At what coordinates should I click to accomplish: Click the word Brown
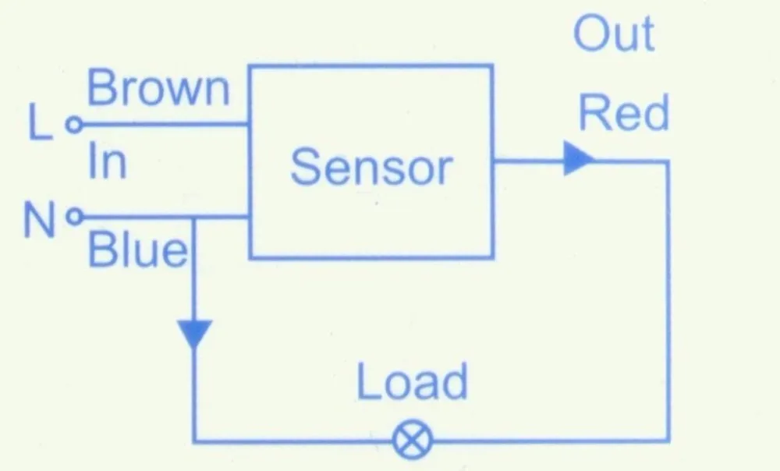pos(158,88)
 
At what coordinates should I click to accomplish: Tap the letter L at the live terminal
pos(40,122)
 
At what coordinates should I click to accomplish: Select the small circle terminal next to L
pos(74,124)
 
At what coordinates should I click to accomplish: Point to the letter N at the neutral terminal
pos(39,220)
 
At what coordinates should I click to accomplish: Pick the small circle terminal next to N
pos(75,216)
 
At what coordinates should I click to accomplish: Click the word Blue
pos(138,250)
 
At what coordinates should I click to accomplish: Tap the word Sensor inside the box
pos(371,167)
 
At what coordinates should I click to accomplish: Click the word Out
pos(614,34)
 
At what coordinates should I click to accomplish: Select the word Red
pos(624,113)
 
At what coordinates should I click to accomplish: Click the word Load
pos(413,381)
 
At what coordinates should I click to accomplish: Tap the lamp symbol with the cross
pos(413,440)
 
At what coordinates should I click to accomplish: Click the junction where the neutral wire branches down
pos(194,217)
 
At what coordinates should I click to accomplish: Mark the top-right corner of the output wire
pos(667,161)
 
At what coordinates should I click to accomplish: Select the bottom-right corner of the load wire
pos(667,440)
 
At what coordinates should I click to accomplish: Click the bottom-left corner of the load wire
pos(194,440)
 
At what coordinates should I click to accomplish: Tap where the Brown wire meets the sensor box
pos(250,124)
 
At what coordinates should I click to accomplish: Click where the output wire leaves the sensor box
pos(492,161)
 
